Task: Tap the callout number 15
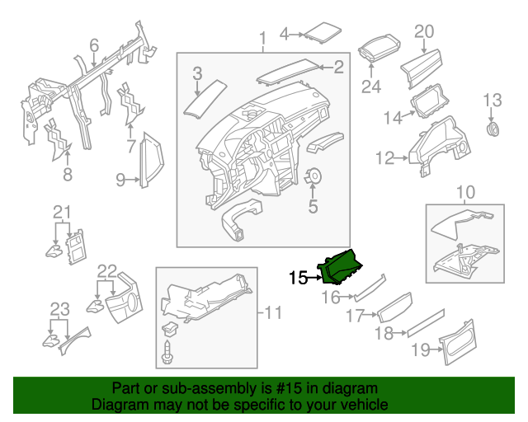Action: pos(298,279)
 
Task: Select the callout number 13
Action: pos(492,101)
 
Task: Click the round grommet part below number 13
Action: pos(494,130)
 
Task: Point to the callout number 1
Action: pos(262,38)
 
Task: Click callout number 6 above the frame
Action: pos(94,45)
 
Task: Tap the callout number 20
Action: pos(423,31)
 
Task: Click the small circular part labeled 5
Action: pos(313,177)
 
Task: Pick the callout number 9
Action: pos(120,179)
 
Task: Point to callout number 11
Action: pos(273,312)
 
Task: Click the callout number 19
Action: pos(420,349)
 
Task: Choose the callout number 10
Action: pos(465,193)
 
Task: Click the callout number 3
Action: pos(197,75)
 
